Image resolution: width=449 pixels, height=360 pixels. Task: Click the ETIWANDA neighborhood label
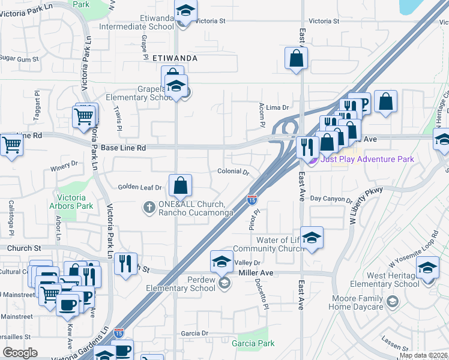coord(175,58)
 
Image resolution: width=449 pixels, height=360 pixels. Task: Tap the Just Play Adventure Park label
coord(367,159)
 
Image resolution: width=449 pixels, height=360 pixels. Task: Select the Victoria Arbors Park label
coord(75,202)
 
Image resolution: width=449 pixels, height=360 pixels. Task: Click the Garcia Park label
coord(253,343)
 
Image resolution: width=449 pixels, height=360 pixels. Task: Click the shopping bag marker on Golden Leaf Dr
coord(180,187)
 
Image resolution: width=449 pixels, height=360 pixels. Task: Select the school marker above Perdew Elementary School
coord(221,262)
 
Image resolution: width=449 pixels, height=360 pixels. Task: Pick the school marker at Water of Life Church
coord(312,239)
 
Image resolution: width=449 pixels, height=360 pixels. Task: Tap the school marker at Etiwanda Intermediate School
coord(186,11)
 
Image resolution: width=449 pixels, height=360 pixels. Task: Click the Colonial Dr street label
coord(234,172)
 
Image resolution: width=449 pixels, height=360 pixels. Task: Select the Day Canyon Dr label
coord(331,198)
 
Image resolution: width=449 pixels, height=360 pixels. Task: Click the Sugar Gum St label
coord(19,59)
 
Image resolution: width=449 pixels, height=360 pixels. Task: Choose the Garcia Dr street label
coord(196,333)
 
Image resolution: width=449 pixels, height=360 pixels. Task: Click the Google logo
coord(20,353)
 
